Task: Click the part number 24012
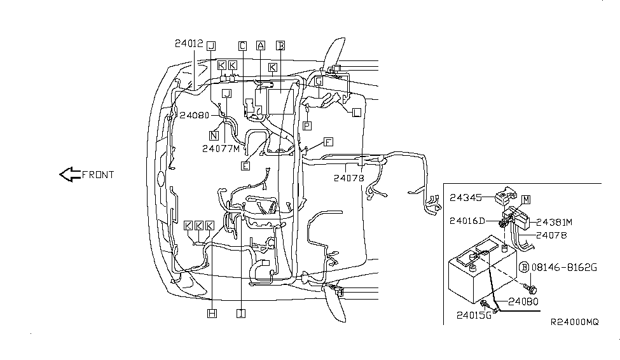tap(188, 44)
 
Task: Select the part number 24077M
tap(221, 149)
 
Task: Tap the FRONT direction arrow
tap(69, 174)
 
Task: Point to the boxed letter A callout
tap(260, 46)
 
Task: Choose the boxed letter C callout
tap(242, 46)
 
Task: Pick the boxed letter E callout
tap(245, 166)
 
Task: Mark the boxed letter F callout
tap(328, 142)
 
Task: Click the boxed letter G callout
tap(319, 82)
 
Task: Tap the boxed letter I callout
tap(240, 313)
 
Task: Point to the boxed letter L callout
tap(356, 112)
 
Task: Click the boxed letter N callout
tap(214, 135)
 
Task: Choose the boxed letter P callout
tap(307, 126)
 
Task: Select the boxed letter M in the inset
tap(526, 200)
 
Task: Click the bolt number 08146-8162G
tap(565, 267)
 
